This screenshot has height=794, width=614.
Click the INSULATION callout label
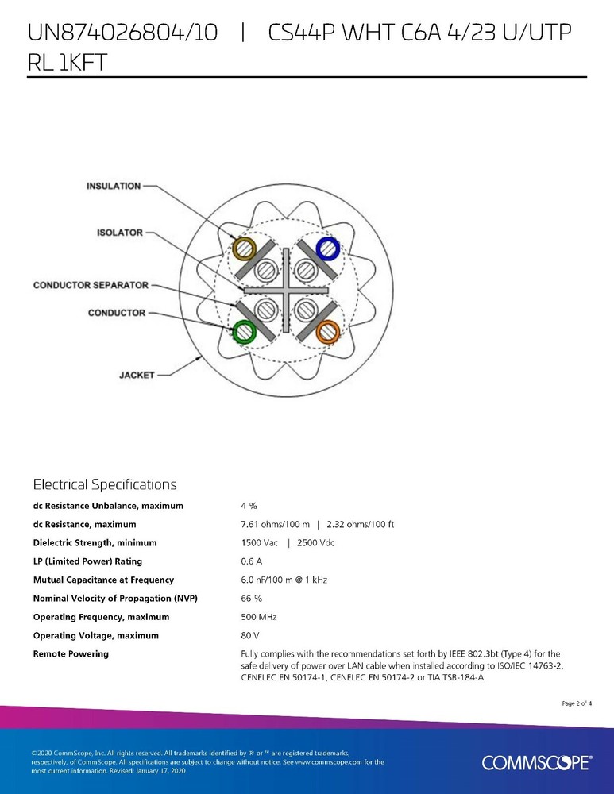[x=114, y=186]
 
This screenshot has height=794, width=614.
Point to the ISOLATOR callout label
[x=119, y=233]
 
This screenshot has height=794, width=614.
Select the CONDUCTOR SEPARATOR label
[x=90, y=285]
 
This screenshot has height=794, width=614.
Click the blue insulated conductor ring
[x=327, y=249]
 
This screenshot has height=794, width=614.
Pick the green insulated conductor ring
[x=243, y=330]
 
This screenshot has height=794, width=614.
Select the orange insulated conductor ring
[x=327, y=331]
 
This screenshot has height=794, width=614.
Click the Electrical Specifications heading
[x=105, y=484]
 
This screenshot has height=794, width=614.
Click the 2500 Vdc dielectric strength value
[x=315, y=543]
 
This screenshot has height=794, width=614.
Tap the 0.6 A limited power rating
[x=251, y=561]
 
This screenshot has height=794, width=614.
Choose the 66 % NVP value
[x=251, y=599]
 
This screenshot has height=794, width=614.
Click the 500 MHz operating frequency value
[x=258, y=617]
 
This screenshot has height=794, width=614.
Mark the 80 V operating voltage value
[x=249, y=636]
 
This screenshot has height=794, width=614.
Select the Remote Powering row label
[x=71, y=654]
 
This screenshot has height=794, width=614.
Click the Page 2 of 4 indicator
[x=577, y=703]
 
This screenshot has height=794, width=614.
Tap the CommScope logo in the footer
[x=536, y=763]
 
